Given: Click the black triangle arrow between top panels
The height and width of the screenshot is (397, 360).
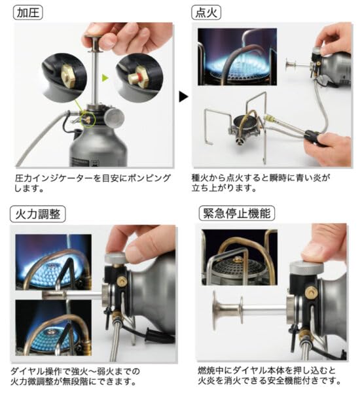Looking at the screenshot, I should (x=184, y=97).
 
